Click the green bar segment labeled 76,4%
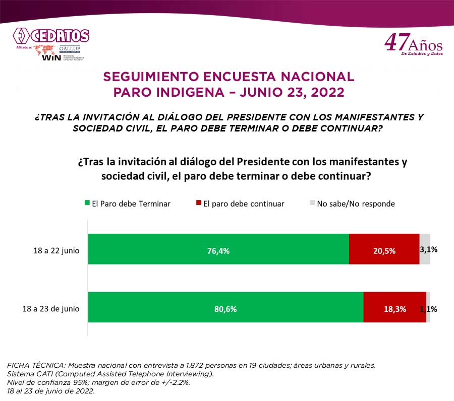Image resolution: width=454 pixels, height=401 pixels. [218, 249]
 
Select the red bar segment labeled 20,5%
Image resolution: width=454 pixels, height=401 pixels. [384, 249]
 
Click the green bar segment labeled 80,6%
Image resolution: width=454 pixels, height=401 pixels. [225, 307]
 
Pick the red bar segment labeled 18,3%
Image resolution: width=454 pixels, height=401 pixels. [394, 307]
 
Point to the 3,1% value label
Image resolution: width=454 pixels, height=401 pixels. [429, 249]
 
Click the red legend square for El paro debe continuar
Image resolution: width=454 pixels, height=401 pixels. [199, 203]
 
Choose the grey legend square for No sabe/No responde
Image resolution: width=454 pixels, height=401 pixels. [312, 203]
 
